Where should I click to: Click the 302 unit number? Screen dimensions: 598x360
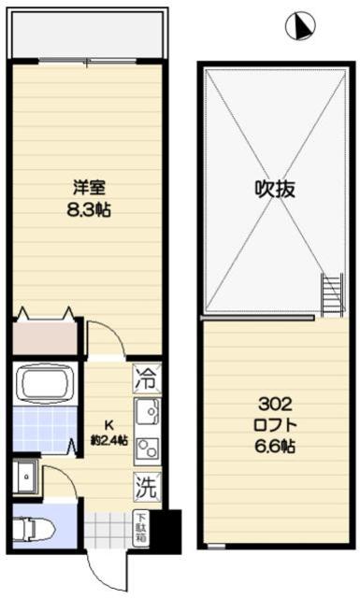(x=275, y=405)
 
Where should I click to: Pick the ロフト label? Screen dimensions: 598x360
(x=275, y=425)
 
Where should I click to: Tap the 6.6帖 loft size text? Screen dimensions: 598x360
(x=275, y=447)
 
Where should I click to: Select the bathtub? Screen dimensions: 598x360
(x=45, y=384)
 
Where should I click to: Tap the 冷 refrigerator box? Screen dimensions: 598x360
(x=146, y=379)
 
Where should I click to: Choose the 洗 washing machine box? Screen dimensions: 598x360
(x=146, y=486)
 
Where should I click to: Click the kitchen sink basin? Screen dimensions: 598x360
(x=148, y=411)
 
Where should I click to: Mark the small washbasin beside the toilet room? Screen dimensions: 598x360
(x=26, y=477)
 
